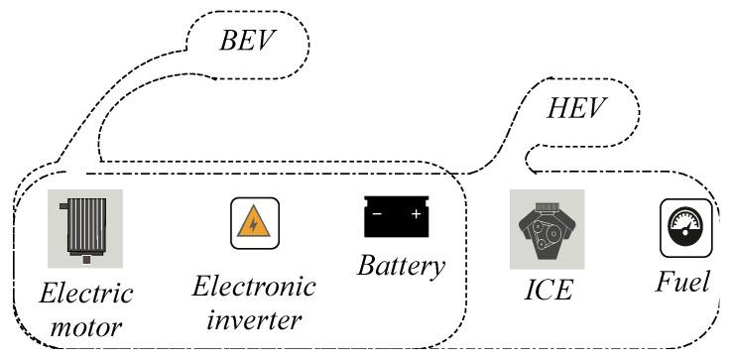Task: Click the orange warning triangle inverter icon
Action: click(x=255, y=223)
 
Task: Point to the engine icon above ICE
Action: click(x=547, y=229)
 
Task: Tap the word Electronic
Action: click(x=254, y=288)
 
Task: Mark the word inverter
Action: click(x=254, y=320)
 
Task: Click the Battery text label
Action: click(x=401, y=266)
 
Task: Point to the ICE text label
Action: click(x=549, y=292)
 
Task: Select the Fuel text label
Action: click(x=682, y=283)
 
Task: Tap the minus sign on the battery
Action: click(x=376, y=212)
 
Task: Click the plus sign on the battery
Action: click(x=416, y=212)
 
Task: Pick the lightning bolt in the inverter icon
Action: click(x=255, y=225)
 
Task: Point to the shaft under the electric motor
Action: click(x=87, y=260)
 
